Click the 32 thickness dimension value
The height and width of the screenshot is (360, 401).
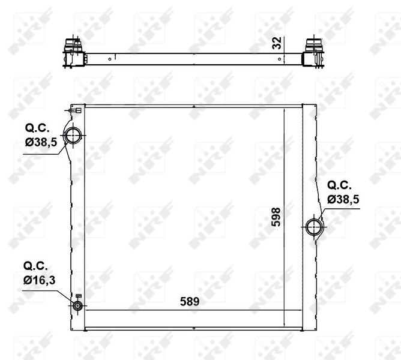point(276,43)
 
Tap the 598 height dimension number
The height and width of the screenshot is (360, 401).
point(276,217)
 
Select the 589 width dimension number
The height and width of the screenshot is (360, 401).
point(190,302)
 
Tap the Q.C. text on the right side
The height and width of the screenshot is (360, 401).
point(339,184)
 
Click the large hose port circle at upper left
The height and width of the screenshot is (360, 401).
point(73,136)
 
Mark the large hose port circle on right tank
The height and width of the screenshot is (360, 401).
point(313,227)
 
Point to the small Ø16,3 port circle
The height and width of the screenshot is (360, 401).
point(77,305)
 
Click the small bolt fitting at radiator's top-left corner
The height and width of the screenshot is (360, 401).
point(74,110)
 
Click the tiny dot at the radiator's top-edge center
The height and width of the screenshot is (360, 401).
point(193,107)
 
